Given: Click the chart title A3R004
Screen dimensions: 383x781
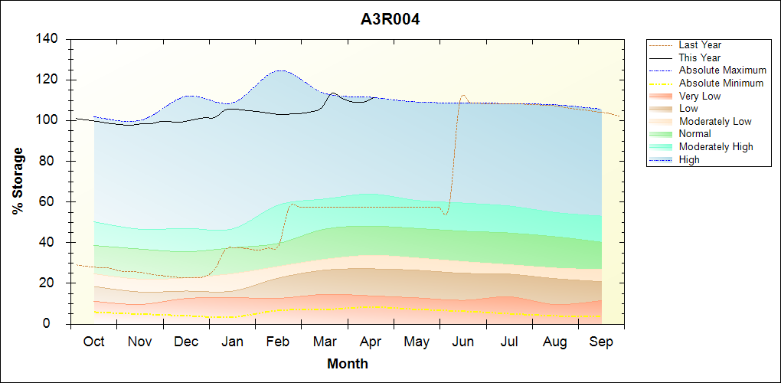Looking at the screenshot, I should pos(390,19).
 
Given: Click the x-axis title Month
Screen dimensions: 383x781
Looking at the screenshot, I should pos(348,364).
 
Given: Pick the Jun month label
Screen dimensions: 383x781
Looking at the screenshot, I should pos(462,342).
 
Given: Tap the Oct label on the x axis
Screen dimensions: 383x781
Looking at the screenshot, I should pos(93,342).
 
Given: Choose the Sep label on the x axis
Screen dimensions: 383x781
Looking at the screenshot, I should pos(601,342).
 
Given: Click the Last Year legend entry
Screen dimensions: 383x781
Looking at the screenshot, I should pos(700,45).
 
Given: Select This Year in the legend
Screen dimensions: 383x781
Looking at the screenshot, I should pos(699,57).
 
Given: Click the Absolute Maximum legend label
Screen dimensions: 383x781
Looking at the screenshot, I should pos(722,70).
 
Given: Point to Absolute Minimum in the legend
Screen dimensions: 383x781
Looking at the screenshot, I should pos(721,83).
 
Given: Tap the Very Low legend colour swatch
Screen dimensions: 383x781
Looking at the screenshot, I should pos(662,96).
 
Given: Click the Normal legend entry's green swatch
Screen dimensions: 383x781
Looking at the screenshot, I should pos(662,134).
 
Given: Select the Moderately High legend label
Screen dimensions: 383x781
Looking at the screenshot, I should pos(716,146).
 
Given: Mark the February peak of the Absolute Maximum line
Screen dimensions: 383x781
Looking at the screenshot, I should pos(280,70).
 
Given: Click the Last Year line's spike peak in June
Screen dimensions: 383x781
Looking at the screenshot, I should pos(463,95).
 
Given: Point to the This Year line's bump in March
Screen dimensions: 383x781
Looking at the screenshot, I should pos(333,93).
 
